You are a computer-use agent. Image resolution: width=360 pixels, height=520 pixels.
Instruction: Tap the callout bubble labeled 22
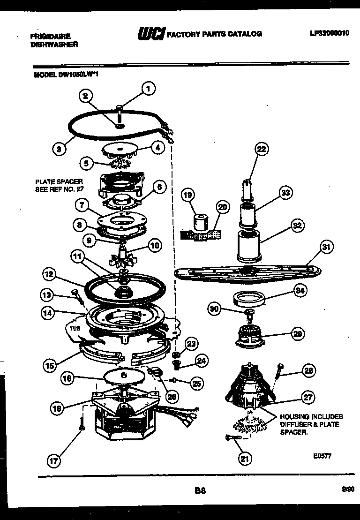(262, 150)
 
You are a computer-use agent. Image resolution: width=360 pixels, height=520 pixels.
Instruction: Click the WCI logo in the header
(150, 34)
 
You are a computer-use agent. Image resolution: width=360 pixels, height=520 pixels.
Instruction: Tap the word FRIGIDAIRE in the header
(50, 36)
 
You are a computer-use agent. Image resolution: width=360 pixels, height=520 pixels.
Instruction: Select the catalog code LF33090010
(330, 34)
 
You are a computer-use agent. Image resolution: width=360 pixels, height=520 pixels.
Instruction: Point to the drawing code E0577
(322, 455)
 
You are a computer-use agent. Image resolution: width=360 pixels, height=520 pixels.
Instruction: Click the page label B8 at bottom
(200, 491)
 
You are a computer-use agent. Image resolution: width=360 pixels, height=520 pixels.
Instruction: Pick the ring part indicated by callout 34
(248, 299)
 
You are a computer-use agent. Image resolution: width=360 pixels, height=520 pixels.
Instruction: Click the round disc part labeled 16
(123, 376)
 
